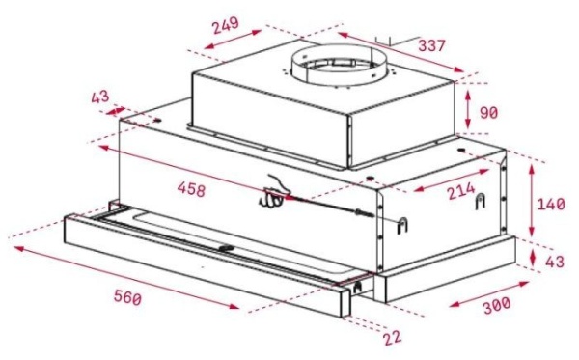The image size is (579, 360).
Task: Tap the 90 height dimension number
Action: pyautogui.click(x=489, y=113)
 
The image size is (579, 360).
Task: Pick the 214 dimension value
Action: pyautogui.click(x=458, y=193)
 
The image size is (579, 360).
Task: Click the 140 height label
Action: pyautogui.click(x=551, y=205)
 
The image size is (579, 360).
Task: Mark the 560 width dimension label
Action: pyautogui.click(x=126, y=298)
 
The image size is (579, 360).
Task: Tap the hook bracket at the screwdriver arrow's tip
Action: pyautogui.click(x=403, y=224)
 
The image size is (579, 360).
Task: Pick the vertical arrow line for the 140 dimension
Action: pyautogui.click(x=532, y=201)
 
